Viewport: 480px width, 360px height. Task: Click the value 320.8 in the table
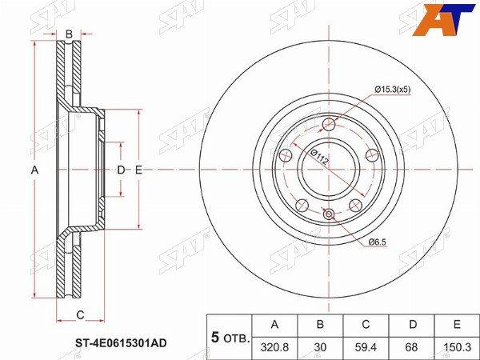(x=274, y=347)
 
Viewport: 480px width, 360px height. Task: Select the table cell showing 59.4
(x=366, y=347)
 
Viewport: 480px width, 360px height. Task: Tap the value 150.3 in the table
(x=457, y=347)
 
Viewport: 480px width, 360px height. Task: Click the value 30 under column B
(x=320, y=347)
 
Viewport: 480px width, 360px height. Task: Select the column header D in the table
(x=413, y=324)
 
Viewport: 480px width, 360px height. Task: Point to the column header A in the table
(x=275, y=324)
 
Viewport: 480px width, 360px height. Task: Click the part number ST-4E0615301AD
(x=121, y=343)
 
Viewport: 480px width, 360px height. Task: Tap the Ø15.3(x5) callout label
(x=393, y=90)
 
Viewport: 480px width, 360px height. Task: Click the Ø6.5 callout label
(x=377, y=242)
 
